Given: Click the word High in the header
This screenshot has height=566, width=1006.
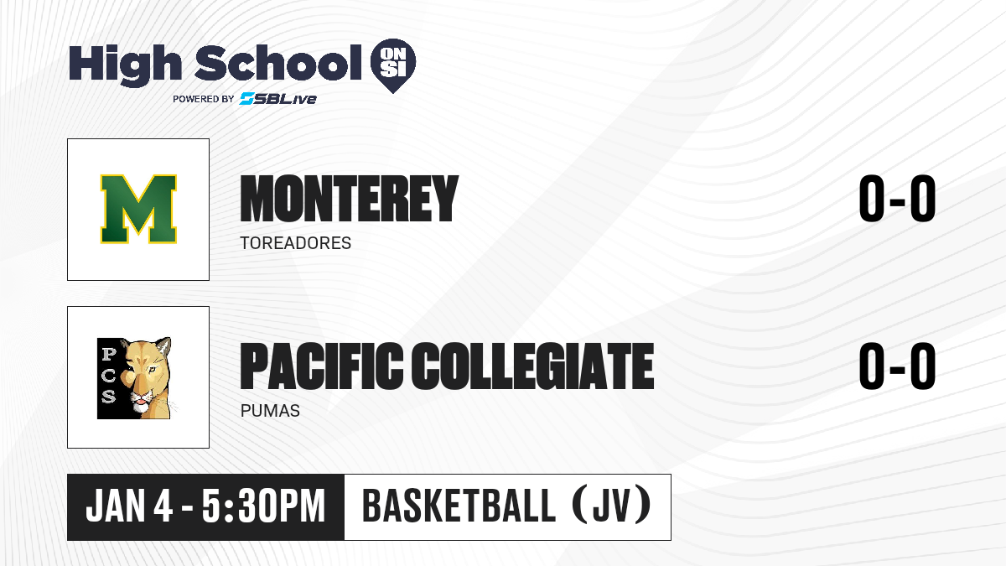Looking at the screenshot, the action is pos(125,65).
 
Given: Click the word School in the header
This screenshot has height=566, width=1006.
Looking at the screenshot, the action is pos(278,62).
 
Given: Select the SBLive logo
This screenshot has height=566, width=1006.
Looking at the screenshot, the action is pos(278,99).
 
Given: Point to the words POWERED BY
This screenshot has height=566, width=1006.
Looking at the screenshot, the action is pos(204,99).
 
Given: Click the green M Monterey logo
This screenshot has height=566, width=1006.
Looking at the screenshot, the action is pos(138,209).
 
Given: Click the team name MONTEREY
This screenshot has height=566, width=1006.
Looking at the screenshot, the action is pos(350,199).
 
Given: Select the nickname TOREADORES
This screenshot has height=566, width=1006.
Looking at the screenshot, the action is pos(295,243).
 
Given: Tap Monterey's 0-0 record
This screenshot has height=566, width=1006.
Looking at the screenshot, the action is pos(897,198).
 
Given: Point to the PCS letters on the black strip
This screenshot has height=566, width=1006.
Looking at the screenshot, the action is pos(108,375).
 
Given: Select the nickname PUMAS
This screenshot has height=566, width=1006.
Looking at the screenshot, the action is pos(270,411).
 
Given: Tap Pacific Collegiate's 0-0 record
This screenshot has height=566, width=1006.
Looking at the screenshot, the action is pos(897,366).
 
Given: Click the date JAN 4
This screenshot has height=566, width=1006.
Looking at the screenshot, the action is pos(129,506).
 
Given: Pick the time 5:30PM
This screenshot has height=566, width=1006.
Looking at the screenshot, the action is pos(263,506).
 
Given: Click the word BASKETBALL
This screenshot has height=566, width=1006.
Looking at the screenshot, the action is pos(459,506).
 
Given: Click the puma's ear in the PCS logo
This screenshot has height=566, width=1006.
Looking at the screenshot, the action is pos(165,346).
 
